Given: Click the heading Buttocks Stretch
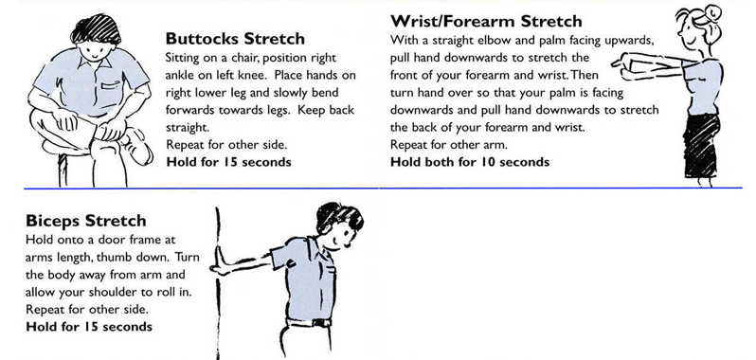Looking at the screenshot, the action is point(235,38).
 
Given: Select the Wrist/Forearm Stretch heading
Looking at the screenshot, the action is point(486,21).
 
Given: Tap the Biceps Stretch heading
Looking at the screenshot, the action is point(86,221).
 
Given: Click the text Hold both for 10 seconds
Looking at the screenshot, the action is point(470,161).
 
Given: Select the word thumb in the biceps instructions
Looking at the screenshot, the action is point(113,257).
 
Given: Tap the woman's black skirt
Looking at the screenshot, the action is point(701,146).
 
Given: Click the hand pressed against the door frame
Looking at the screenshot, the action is point(219,261).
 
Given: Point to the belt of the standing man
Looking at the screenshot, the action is point(309,322).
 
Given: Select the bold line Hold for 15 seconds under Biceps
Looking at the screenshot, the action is point(89,326).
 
